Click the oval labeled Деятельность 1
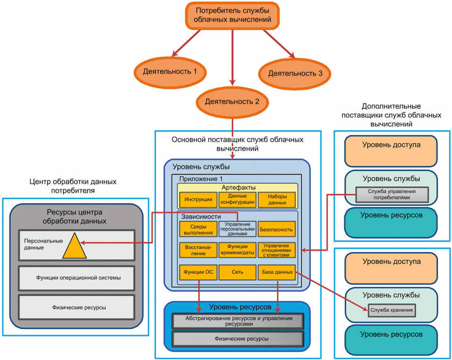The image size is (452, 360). (170, 72)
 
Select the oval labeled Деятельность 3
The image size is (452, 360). (294, 74)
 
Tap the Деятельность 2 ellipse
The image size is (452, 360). (232, 102)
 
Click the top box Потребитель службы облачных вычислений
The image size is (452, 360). (232, 15)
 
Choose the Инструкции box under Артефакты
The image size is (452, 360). (198, 200)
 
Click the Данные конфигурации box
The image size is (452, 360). (238, 200)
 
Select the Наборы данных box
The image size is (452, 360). (277, 200)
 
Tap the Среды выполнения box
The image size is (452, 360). (198, 229)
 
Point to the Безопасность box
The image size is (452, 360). (277, 229)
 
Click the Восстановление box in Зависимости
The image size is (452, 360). (198, 250)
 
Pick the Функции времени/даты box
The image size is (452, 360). (238, 250)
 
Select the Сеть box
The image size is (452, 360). (238, 272)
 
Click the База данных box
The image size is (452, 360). (277, 272)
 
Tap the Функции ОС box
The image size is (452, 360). (198, 272)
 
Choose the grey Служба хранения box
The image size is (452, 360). (392, 310)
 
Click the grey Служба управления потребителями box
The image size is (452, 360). (392, 195)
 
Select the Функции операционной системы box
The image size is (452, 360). (77, 278)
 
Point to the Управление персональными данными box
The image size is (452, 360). (238, 229)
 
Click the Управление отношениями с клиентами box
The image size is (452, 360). (277, 250)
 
